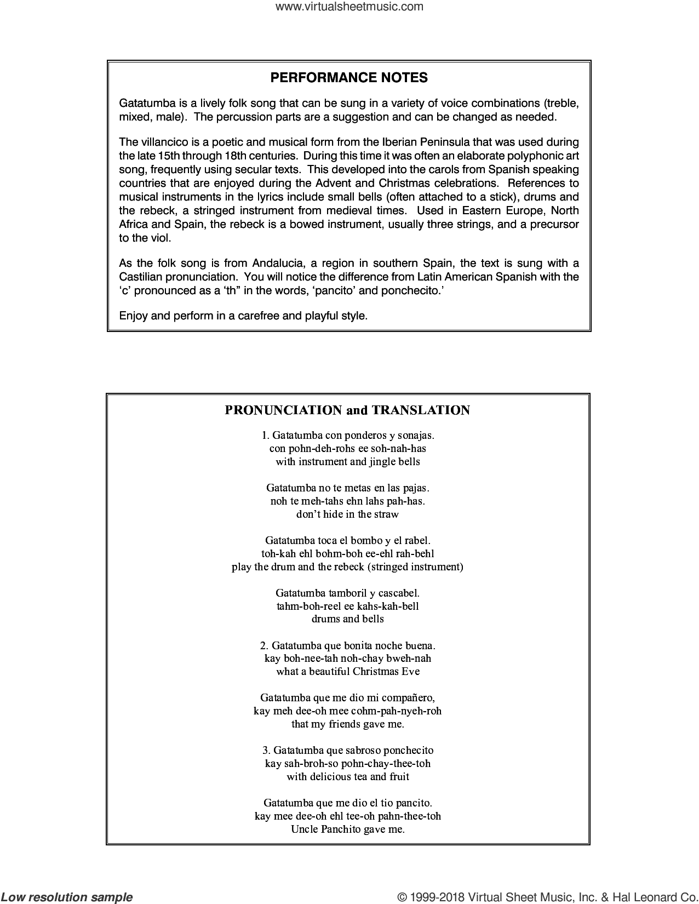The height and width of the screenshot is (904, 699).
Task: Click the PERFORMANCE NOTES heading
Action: tap(349, 78)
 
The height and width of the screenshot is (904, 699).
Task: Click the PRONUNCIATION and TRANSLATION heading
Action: tap(347, 410)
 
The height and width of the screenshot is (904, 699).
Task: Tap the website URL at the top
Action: tap(349, 7)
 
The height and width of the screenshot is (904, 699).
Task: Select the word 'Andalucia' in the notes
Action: tap(290, 263)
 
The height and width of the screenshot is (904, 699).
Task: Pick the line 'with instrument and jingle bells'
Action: tap(347, 461)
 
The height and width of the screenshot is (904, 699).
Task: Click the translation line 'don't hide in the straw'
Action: tap(347, 514)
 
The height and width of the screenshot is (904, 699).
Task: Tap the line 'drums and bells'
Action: tap(347, 619)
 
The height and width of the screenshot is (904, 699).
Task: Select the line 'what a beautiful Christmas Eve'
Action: tap(347, 672)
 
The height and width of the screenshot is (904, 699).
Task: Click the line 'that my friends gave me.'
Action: tap(347, 724)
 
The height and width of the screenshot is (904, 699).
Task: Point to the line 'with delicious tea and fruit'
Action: tap(347, 777)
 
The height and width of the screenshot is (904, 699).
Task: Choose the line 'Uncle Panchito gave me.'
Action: tap(347, 829)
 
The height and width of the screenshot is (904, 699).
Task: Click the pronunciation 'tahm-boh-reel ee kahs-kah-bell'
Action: tap(347, 606)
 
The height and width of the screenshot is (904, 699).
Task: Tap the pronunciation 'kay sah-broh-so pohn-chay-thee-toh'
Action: tap(347, 764)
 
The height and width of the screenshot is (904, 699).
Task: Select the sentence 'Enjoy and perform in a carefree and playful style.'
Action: tap(243, 316)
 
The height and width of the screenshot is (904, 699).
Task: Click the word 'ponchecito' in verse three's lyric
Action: tap(406, 751)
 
